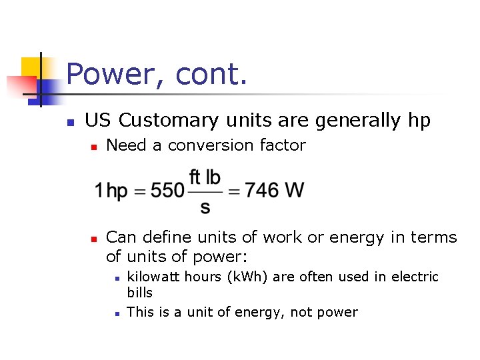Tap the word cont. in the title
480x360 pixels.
(211, 74)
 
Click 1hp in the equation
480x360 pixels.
(111, 191)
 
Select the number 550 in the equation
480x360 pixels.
(167, 191)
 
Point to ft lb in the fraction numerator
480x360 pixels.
(205, 177)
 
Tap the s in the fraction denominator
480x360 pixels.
(205, 207)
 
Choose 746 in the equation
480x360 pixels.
(262, 191)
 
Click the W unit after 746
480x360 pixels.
(295, 191)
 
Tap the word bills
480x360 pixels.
(139, 293)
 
